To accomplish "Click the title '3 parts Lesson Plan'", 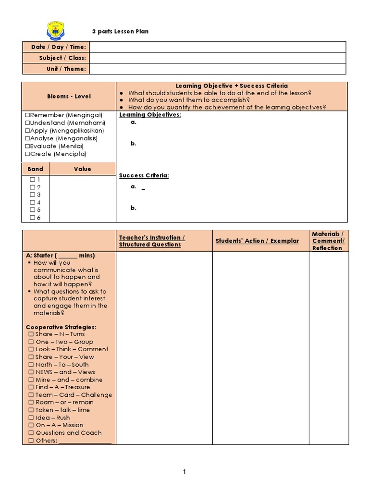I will tap(120, 32).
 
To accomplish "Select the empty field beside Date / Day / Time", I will tap(217, 47).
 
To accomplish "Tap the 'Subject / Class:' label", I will tap(62, 58).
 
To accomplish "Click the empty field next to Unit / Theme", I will tap(217, 69).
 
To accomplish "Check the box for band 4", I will tap(32, 202).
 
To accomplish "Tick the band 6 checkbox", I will tap(32, 218).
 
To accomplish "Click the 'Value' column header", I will tap(82, 169).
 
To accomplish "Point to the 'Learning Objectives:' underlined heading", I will tap(150, 115).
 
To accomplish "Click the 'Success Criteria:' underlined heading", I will tap(144, 176).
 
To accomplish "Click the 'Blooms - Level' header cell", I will tap(69, 96).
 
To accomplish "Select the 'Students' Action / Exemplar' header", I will tap(257, 241).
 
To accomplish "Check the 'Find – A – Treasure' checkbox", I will tap(31, 387).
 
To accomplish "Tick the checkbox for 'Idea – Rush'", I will tap(31, 418).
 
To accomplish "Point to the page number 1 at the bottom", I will tap(184, 472).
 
